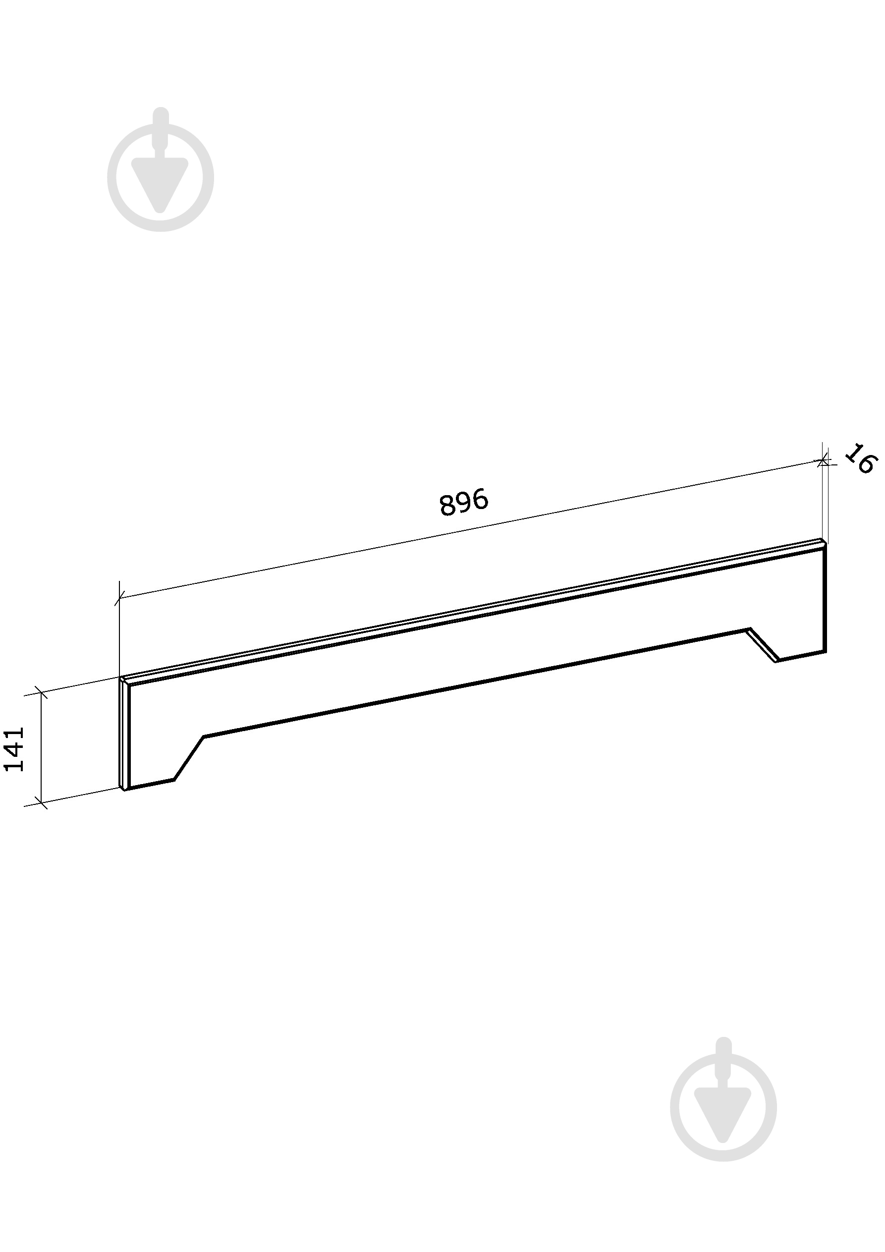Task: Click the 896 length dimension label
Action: pyautogui.click(x=463, y=502)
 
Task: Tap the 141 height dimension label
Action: pyautogui.click(x=14, y=749)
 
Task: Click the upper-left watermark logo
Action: pyautogui.click(x=161, y=170)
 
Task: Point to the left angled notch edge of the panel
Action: pyautogui.click(x=189, y=758)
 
